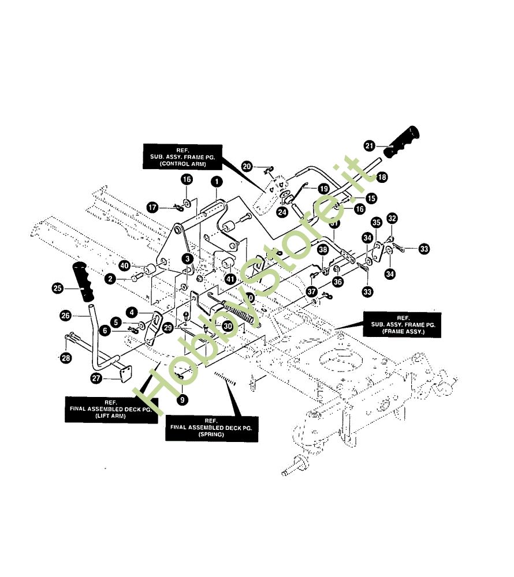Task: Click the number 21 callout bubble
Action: point(370,145)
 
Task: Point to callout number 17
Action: point(152,207)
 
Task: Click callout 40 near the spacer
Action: point(124,265)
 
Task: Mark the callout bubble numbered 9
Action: point(182,399)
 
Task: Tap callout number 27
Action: point(96,378)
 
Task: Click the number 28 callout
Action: point(66,358)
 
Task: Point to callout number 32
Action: point(392,218)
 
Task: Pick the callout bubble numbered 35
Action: point(376,223)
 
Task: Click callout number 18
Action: point(382,178)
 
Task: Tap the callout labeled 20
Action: point(247,167)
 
